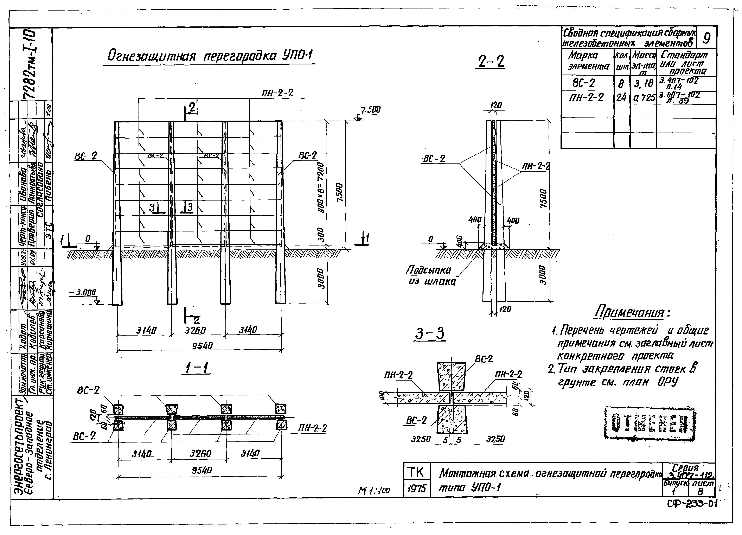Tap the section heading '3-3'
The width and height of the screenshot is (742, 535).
(430, 334)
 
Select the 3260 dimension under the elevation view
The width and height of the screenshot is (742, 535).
(195, 331)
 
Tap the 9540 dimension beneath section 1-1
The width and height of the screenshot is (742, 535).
(202, 470)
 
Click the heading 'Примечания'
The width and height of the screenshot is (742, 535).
(629, 312)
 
